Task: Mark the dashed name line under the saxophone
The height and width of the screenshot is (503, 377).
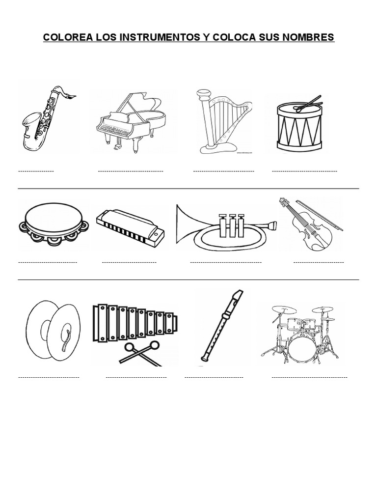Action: coord(36,171)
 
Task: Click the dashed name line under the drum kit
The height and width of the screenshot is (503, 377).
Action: coord(309,377)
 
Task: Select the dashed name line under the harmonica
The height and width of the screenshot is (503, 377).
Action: coord(129,262)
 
